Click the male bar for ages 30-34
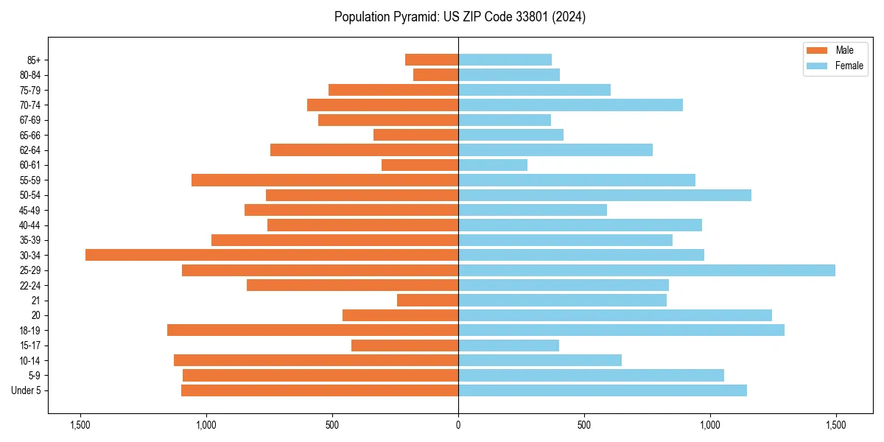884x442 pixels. click(272, 255)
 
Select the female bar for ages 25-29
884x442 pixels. click(647, 270)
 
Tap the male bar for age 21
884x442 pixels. click(427, 301)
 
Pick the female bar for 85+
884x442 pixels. click(505, 60)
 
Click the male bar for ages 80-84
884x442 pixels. click(435, 74)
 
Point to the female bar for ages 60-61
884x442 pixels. click(493, 165)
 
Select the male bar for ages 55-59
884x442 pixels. click(325, 180)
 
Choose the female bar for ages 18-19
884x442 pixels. click(621, 330)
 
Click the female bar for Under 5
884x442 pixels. click(603, 390)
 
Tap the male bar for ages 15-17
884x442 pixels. click(404, 345)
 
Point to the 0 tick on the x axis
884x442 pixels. click(458, 425)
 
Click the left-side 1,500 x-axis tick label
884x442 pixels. click(80, 425)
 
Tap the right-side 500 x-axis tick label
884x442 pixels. click(584, 425)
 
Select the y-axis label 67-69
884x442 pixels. click(30, 120)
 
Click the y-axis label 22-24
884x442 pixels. click(30, 285)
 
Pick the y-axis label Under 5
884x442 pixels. click(27, 390)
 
